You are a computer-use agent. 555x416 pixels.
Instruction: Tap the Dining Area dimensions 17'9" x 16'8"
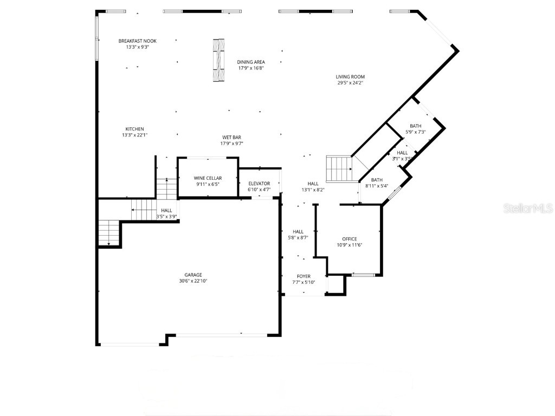pyautogui.click(x=251, y=68)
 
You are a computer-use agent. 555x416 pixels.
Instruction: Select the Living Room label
pyautogui.click(x=350, y=77)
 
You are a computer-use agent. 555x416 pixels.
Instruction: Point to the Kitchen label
pyautogui.click(x=134, y=129)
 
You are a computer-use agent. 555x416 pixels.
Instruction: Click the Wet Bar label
pyautogui.click(x=231, y=137)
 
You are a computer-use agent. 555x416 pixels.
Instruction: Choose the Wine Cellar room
pyautogui.click(x=208, y=178)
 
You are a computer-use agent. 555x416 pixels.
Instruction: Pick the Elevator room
pyautogui.click(x=259, y=184)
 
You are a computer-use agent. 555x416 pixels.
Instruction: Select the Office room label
pyautogui.click(x=350, y=239)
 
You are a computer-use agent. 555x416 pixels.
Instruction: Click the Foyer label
pyautogui.click(x=304, y=276)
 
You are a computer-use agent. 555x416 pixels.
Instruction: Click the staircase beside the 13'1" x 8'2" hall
pyautogui.click(x=339, y=169)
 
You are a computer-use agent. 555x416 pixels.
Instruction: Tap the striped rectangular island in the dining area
pyautogui.click(x=218, y=60)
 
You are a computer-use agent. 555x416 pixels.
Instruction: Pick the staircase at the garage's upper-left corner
pyautogui.click(x=109, y=233)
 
